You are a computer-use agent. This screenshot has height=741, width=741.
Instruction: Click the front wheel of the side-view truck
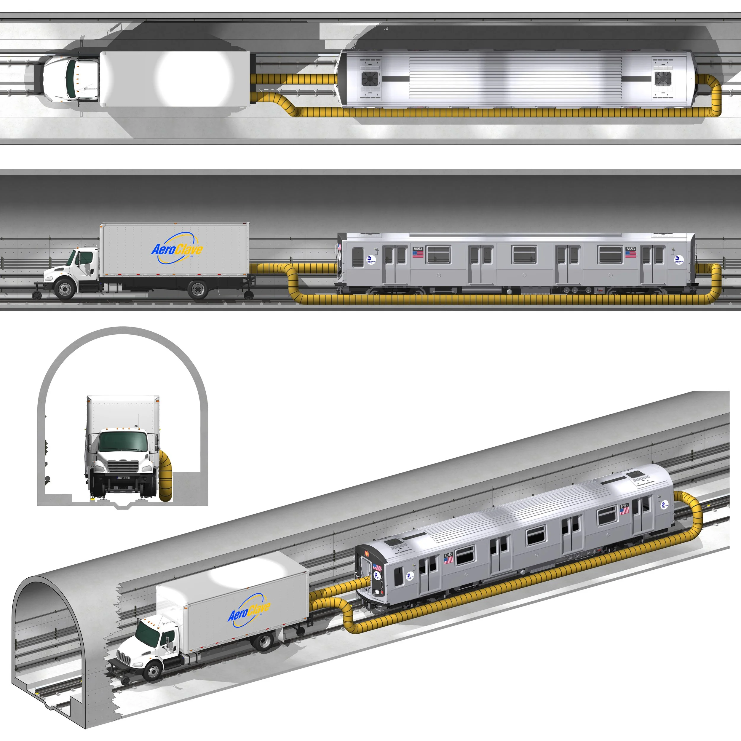coord(65,288)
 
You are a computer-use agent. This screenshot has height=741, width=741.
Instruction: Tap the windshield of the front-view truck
coord(123,442)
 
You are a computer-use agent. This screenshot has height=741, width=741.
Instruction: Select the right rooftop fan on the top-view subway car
coord(662,79)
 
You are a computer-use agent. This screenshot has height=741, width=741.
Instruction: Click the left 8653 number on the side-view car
coord(418,249)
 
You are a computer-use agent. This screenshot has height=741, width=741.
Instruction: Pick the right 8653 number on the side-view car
coord(630,249)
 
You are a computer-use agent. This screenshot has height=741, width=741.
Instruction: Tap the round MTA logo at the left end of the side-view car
coord(370,260)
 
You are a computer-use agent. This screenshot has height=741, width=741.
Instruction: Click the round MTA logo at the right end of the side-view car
coord(678,260)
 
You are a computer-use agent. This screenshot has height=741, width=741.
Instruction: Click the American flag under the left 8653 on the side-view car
coord(418,254)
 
